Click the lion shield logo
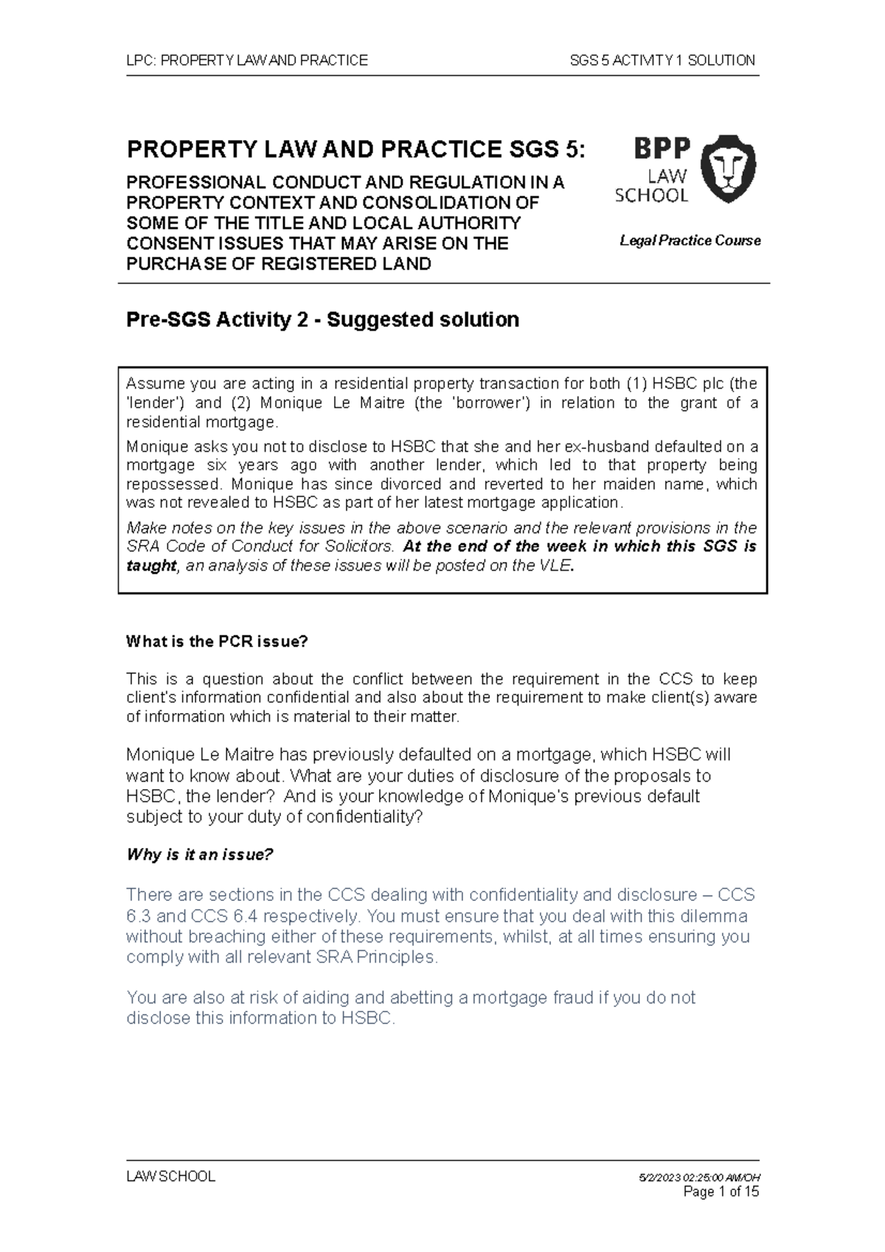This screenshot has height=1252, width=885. [x=726, y=169]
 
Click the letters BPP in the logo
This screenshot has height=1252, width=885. [x=662, y=150]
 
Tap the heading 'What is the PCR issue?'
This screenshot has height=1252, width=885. [x=216, y=641]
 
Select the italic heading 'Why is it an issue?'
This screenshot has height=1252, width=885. [x=200, y=855]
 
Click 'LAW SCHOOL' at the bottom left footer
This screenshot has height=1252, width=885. [x=171, y=1177]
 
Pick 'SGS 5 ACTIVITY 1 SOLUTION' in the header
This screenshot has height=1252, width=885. [x=662, y=60]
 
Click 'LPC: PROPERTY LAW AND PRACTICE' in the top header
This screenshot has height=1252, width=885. [x=247, y=60]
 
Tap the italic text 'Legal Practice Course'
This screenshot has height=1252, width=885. [x=690, y=240]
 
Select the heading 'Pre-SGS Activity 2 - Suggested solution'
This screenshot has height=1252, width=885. [x=323, y=320]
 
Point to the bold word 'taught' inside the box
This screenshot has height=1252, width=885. [x=151, y=566]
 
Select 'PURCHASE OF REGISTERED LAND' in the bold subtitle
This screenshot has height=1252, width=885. [x=279, y=264]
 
